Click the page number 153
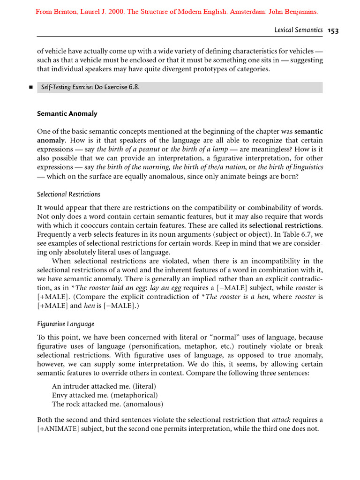(333, 30)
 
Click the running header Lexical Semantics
(298, 30)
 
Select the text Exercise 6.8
(124, 87)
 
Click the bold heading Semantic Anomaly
(67, 113)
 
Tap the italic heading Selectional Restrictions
(68, 194)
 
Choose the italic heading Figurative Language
(66, 324)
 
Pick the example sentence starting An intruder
(104, 386)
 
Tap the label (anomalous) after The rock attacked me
(140, 404)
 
